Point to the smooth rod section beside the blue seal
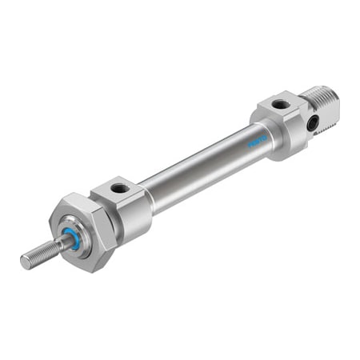click(x=59, y=246)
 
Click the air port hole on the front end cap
click(x=121, y=189)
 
